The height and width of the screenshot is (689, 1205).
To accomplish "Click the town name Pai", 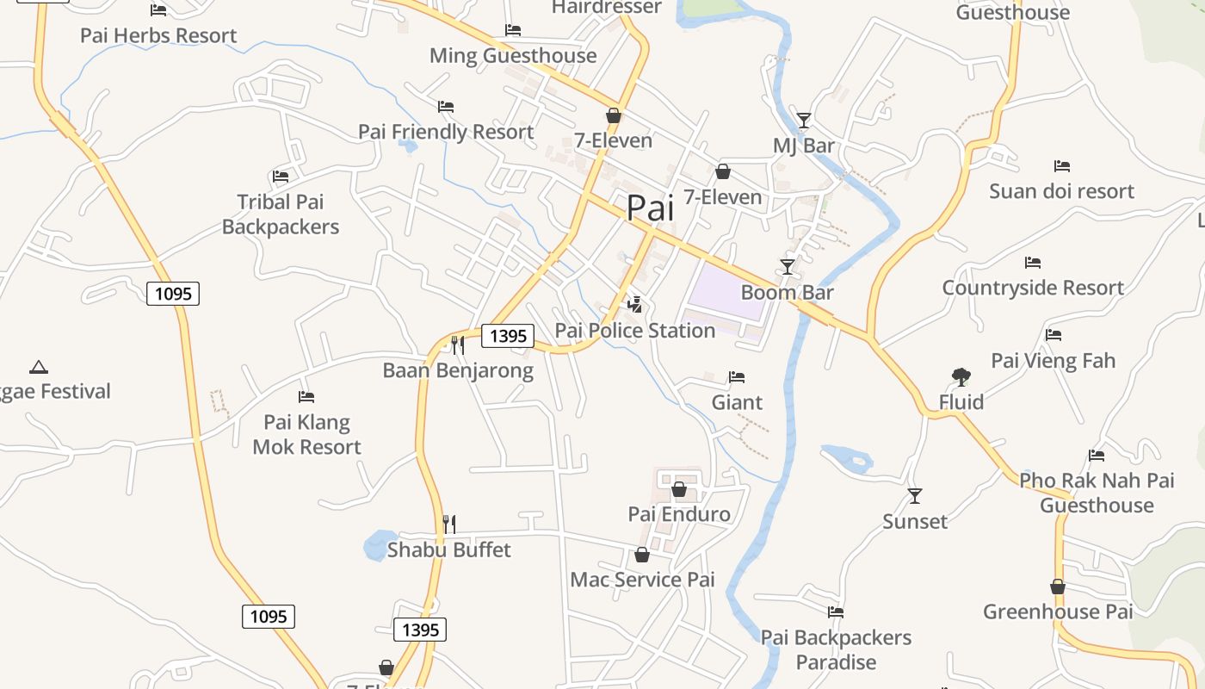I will pos(650,208).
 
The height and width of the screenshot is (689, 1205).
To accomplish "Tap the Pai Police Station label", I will pos(635,331).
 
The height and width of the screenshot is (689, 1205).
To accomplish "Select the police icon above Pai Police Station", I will pos(635,304).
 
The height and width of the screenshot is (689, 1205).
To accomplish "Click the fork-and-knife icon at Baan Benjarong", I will pos(458,344).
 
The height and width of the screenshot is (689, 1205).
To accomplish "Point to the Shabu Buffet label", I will pos(449,549).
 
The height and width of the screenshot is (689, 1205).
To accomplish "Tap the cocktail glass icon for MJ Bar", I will pos(804,120).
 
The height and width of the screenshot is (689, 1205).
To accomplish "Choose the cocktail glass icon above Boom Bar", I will pos(788,266).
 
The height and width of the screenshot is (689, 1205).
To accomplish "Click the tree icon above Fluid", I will pos(961,376).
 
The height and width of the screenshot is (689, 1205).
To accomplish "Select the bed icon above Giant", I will pos(737,376).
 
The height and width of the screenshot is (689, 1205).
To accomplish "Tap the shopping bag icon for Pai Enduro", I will pos(679,489).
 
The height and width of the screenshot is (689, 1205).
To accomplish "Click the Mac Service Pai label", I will pos(642,580).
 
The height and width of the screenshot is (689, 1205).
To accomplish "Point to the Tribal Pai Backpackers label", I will pos(281,214).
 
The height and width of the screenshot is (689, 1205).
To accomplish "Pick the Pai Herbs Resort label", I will pos(158,35).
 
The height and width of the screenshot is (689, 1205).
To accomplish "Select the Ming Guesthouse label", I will pos(513,56).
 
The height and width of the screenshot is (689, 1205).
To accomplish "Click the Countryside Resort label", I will pos(1033,288).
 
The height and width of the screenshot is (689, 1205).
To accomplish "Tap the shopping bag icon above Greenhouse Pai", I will pos(1058,587).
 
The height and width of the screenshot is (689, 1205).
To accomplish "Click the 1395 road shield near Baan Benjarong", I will pos(507,336).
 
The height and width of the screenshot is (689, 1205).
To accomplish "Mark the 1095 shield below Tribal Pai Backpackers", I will pos(173,294).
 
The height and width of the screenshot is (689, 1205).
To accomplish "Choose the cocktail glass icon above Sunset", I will pos(915,495).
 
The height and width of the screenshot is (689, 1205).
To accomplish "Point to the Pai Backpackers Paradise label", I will pos(836,650).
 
